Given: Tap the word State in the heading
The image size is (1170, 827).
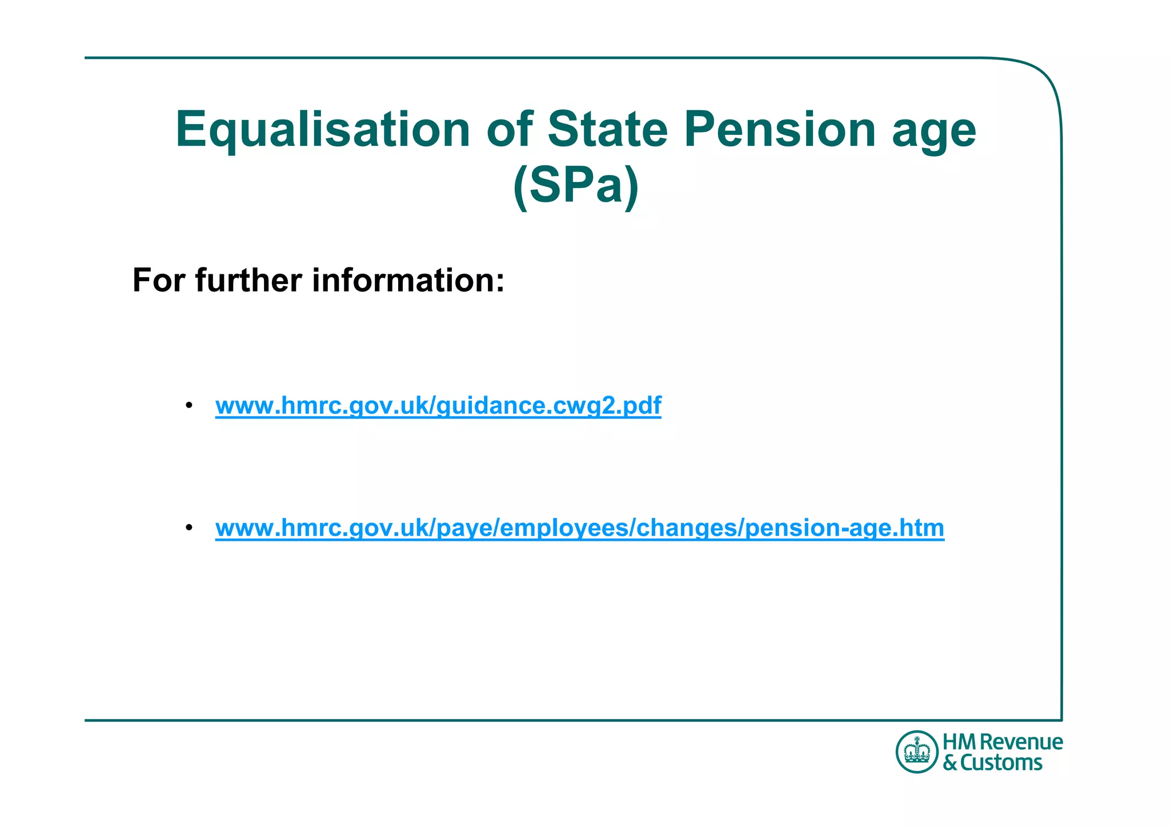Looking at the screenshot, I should pos(607,129).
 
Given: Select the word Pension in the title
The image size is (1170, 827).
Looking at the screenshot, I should pos(780,129).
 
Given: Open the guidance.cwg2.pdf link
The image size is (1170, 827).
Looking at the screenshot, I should pos(438,406).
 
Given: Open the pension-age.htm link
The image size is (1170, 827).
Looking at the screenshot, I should pos(579,528).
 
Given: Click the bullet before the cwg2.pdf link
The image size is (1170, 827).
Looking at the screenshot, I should pos(189,405).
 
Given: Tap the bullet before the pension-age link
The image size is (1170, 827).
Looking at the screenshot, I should pos(189,527).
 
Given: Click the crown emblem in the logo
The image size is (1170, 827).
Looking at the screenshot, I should pos(917,752).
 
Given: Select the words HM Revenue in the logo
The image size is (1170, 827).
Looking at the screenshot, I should pos(1003,742).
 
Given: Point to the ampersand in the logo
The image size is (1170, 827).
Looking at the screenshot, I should pos(949,763).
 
